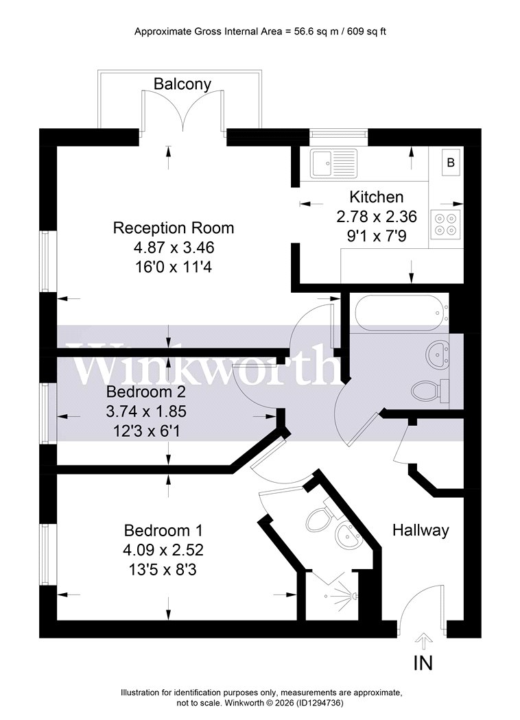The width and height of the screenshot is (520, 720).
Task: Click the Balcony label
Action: pyautogui.click(x=182, y=84)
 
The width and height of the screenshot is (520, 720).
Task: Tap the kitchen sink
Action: pyautogui.click(x=333, y=163)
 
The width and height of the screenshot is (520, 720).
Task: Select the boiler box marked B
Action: pyautogui.click(x=451, y=162)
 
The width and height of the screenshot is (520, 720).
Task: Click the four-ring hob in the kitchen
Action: pyautogui.click(x=446, y=224)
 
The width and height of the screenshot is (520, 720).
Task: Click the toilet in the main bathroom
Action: pyautogui.click(x=430, y=391)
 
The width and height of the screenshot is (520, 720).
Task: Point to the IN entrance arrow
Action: pyautogui.click(x=423, y=640)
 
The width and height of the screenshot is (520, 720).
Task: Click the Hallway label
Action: pyautogui.click(x=421, y=530)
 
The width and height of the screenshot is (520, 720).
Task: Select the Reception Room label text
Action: pyautogui.click(x=174, y=228)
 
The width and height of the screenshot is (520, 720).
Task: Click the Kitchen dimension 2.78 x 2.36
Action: pyautogui.click(x=377, y=216)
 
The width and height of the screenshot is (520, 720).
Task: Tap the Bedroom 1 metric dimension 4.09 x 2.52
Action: pyautogui.click(x=163, y=550)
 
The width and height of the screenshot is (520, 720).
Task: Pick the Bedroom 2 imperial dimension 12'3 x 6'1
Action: pyautogui.click(x=146, y=431)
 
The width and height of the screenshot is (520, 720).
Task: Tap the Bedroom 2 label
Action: pyautogui.click(x=146, y=392)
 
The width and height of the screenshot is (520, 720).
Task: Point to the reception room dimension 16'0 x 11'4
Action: pyautogui.click(x=174, y=267)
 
